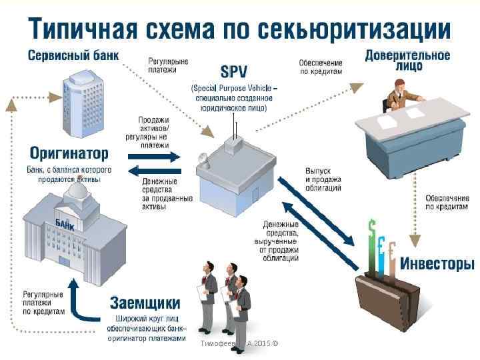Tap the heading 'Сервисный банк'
[73, 55]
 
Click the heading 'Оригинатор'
[67, 153]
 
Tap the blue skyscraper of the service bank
[83, 103]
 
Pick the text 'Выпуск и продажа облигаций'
[323, 180]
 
